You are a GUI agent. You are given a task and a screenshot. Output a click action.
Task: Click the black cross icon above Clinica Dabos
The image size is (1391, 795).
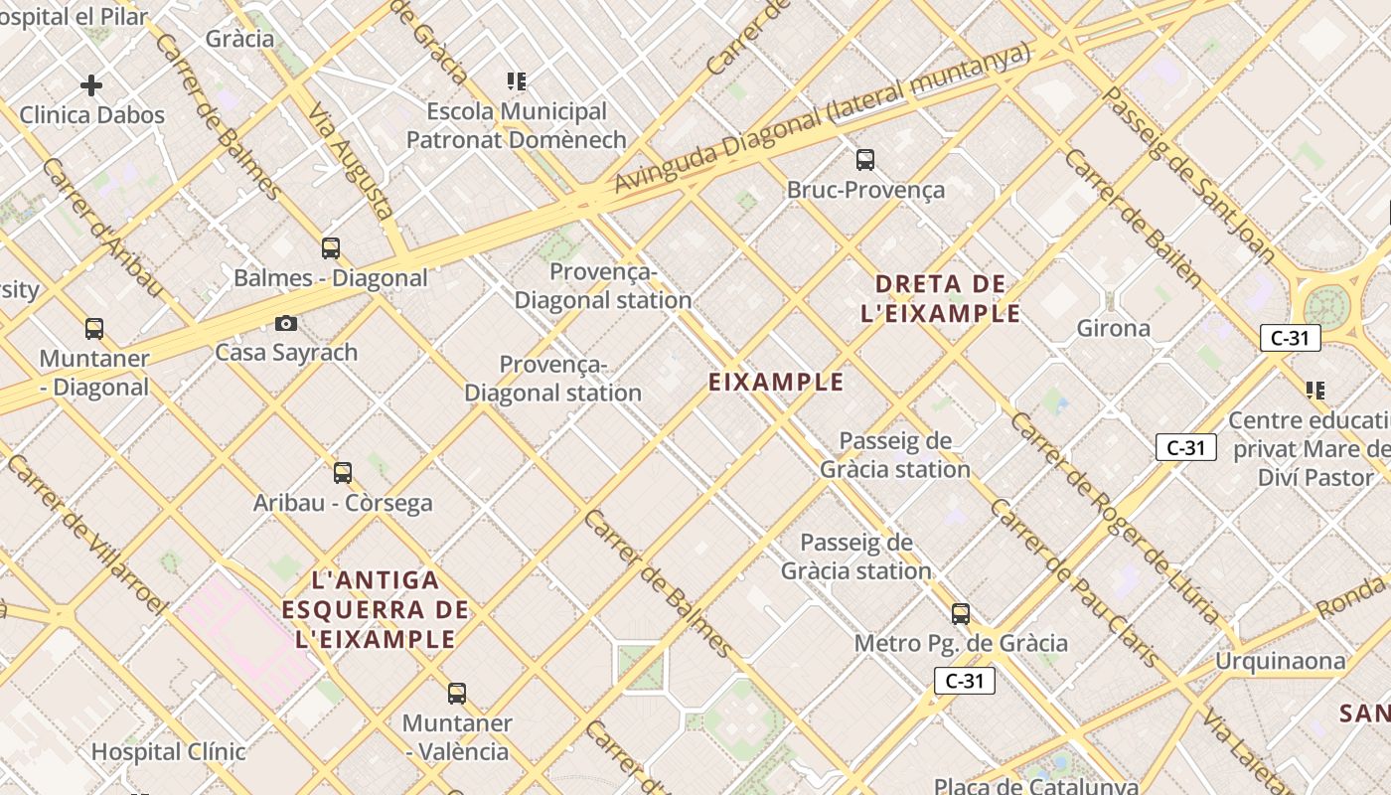coord(91,85)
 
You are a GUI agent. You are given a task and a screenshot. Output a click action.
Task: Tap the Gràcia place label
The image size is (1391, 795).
coord(239,39)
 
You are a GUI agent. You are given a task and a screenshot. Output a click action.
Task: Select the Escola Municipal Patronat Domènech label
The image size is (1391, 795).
coord(517,125)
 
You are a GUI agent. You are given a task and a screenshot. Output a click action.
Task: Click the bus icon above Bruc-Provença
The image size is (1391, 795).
coord(865,159)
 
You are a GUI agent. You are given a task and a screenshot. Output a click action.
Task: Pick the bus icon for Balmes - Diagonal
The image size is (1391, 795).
coord(331,248)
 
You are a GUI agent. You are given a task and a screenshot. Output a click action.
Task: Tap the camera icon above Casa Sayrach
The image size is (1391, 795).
coord(286,323)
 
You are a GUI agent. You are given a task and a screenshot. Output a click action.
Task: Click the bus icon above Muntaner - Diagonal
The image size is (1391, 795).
coord(94,329)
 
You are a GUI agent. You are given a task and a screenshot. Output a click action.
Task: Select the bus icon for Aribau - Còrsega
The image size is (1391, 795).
coord(343,473)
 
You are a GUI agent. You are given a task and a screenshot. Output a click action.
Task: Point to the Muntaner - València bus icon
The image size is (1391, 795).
coord(457,694)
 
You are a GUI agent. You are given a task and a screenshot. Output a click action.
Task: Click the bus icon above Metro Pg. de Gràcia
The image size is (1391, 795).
coord(961,614)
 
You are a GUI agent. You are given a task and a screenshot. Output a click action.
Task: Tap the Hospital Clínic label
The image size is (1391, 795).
coord(168,752)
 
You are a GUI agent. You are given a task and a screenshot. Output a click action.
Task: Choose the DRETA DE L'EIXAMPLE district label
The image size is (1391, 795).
coord(941,299)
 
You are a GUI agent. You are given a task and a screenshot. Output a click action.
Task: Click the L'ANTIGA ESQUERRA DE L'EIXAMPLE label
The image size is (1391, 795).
coord(375,609)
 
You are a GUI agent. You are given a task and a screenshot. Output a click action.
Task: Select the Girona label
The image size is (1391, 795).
coord(1114,328)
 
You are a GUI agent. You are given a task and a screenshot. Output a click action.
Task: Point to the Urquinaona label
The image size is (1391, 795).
coord(1282,661)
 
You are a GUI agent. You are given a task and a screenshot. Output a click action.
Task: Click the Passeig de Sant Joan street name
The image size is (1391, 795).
coord(1188,175)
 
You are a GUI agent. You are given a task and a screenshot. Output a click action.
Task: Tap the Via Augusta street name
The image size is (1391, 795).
coord(351,161)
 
